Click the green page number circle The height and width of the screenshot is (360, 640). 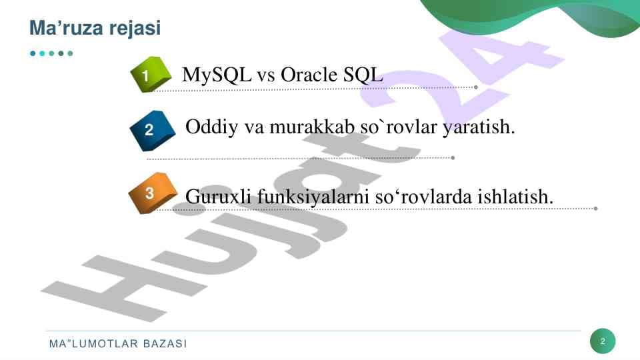[603, 342]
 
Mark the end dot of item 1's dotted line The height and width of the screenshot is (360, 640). [475, 87]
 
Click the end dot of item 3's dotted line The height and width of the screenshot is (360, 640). [595, 208]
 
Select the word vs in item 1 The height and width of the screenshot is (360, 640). [266, 75]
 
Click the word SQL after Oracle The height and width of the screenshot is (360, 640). [363, 75]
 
